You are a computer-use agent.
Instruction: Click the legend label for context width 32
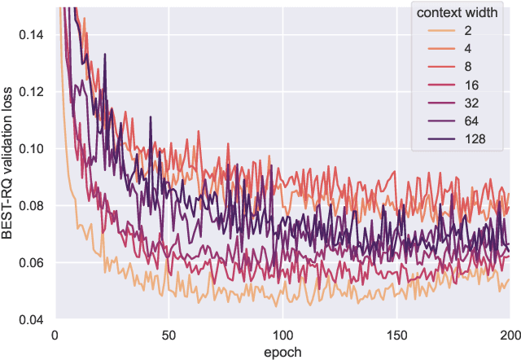472,103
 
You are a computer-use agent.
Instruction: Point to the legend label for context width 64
472,121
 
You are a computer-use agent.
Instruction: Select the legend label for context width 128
475,139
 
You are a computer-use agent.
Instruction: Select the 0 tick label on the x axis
54,334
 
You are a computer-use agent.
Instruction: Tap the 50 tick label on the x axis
168,334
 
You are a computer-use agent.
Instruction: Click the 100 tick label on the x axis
282,334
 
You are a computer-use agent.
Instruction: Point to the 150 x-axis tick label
396,334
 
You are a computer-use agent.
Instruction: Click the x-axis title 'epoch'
282,351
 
